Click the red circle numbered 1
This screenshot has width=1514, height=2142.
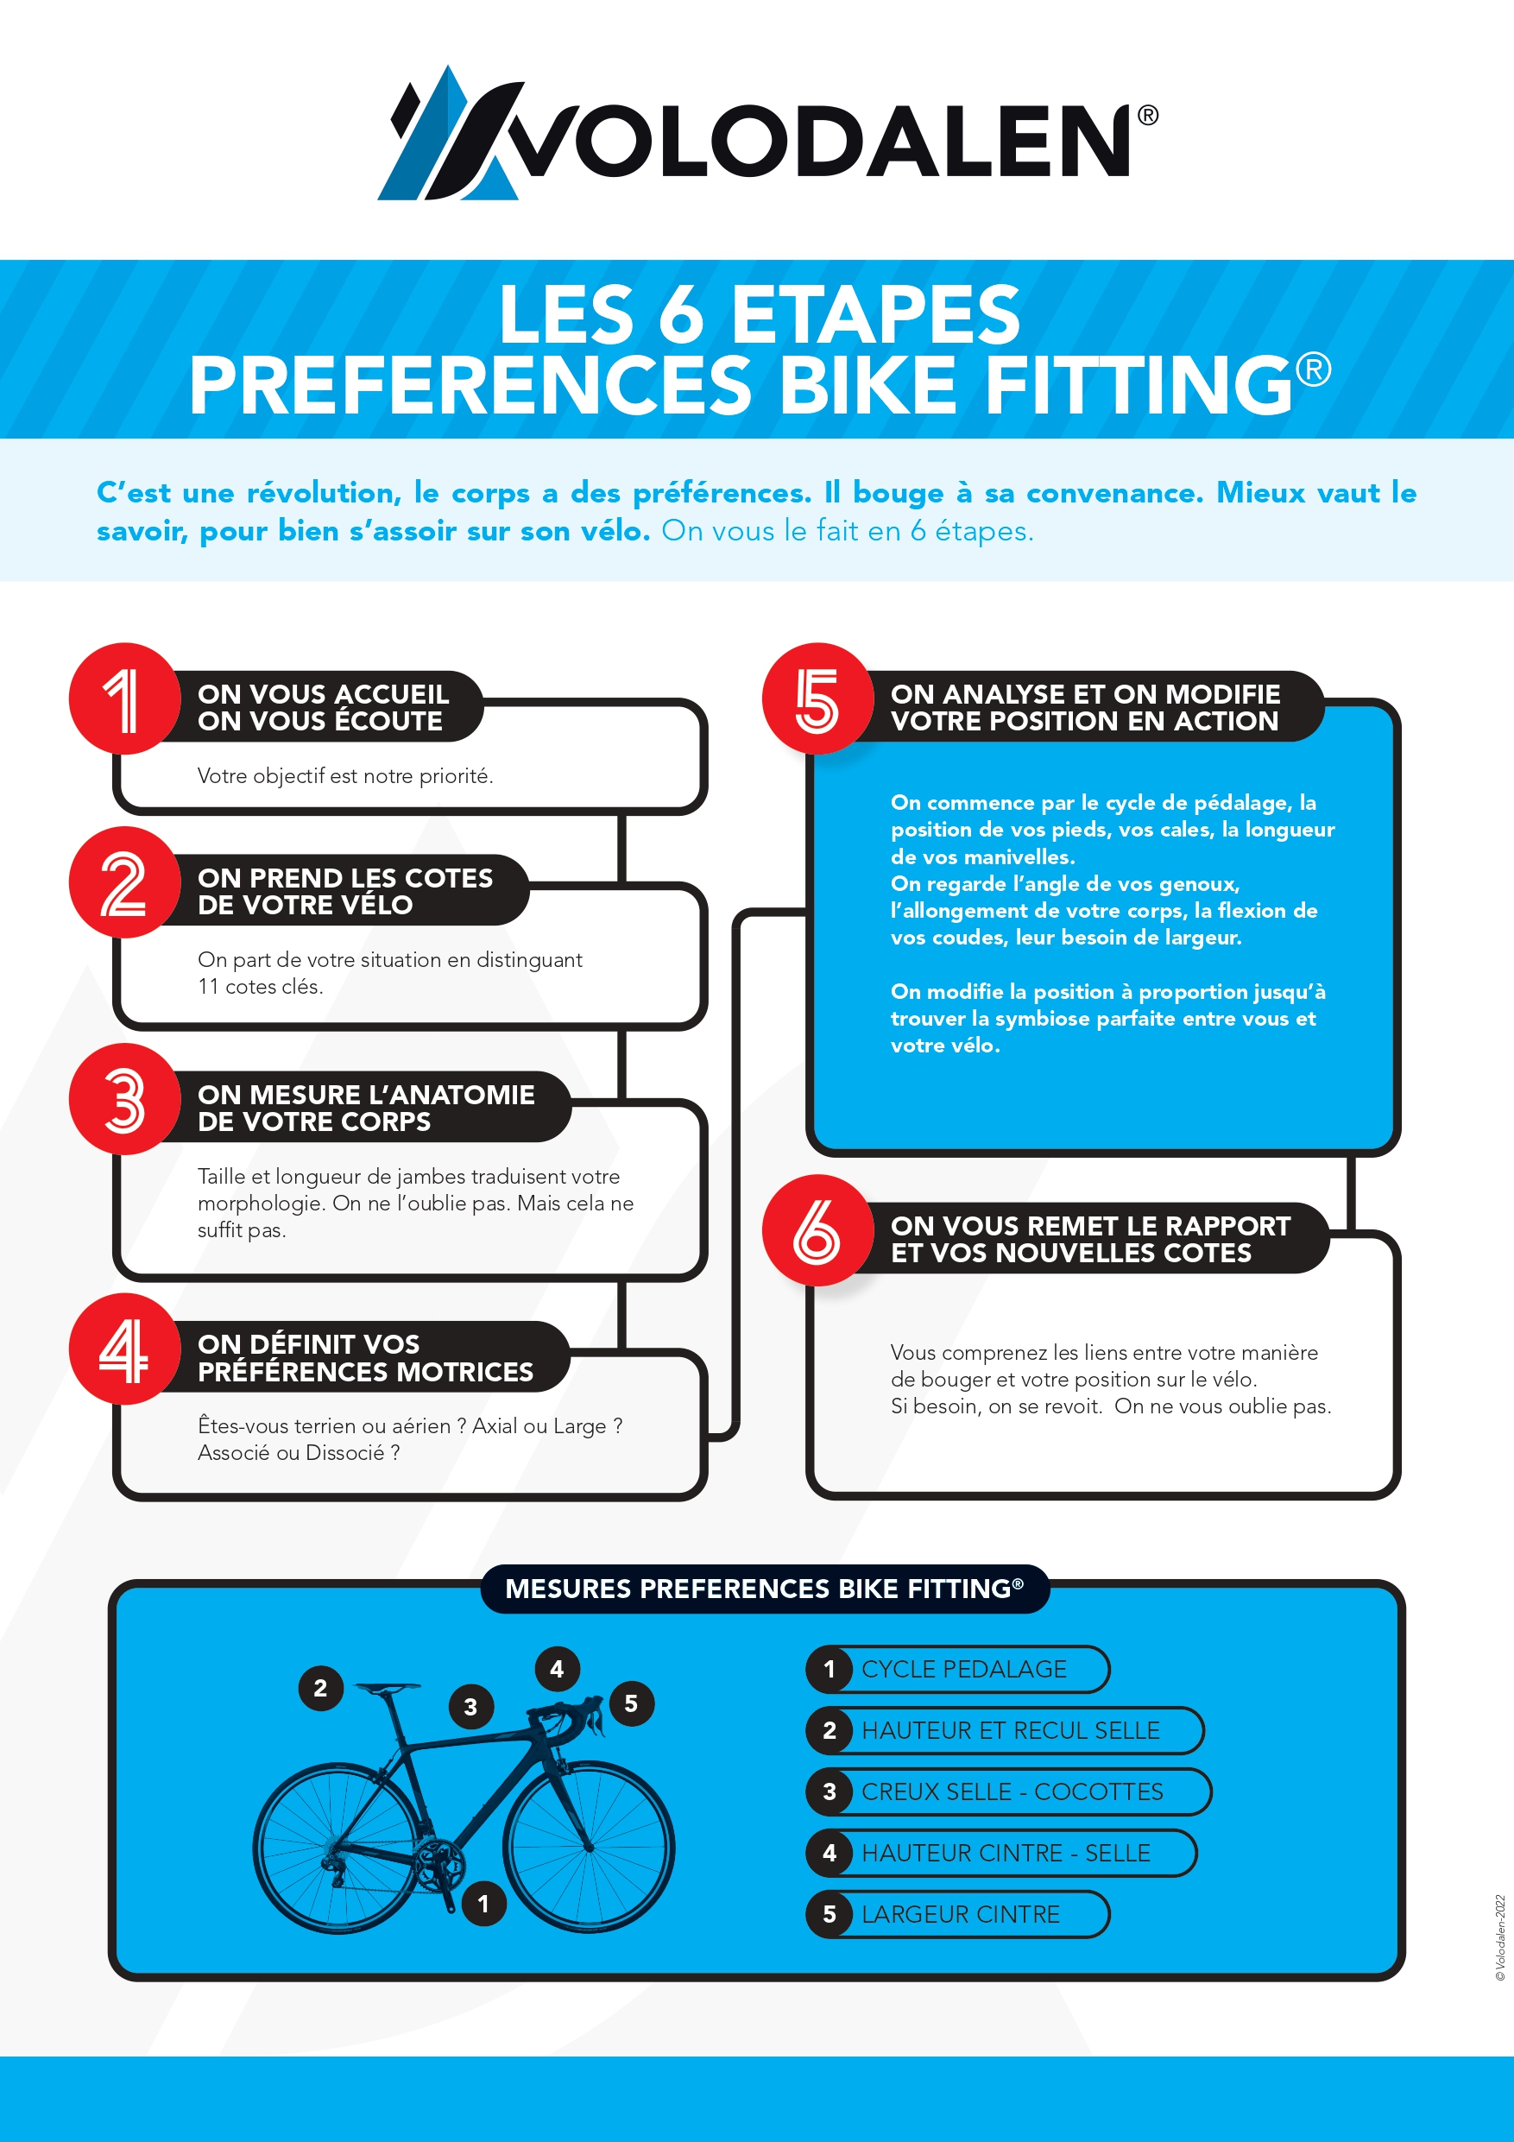tap(124, 698)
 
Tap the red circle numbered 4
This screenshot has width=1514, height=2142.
tap(124, 1349)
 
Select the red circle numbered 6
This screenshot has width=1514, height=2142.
tap(817, 1230)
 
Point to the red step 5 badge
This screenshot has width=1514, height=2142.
tap(817, 698)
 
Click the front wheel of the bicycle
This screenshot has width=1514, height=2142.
tap(589, 1848)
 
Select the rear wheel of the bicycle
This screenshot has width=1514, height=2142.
tap(337, 1848)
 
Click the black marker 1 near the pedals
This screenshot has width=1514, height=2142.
tap(483, 1903)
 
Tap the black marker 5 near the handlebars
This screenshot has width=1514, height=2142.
tap(632, 1703)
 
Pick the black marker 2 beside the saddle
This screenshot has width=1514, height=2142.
tap(320, 1688)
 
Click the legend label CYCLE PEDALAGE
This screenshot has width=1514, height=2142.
tap(963, 1669)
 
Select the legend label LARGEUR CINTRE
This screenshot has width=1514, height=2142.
tap(960, 1914)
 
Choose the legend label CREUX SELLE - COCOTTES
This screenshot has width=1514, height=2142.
tap(1012, 1792)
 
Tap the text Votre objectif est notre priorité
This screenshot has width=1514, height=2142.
tap(345, 776)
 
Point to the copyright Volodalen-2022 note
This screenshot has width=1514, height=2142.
tap(1500, 1937)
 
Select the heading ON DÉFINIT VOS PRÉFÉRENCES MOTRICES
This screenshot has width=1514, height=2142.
tap(365, 1357)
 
